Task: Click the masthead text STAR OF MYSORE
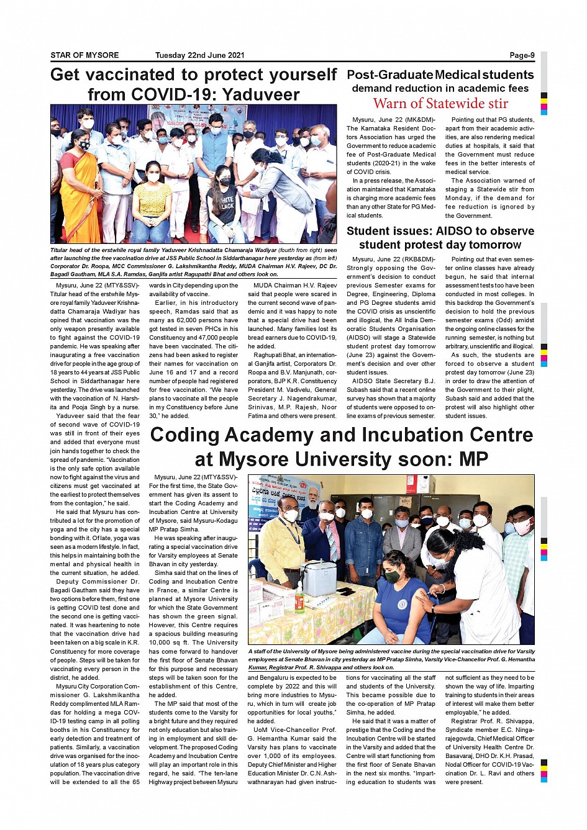click(x=84, y=55)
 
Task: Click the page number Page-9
click(x=522, y=55)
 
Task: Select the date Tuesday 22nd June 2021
click(x=199, y=55)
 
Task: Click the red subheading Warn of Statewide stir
click(x=440, y=104)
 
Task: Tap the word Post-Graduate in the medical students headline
click(x=389, y=74)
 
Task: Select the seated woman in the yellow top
click(x=153, y=199)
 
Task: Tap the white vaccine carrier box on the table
click(x=319, y=577)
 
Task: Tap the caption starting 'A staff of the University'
click(x=391, y=659)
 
